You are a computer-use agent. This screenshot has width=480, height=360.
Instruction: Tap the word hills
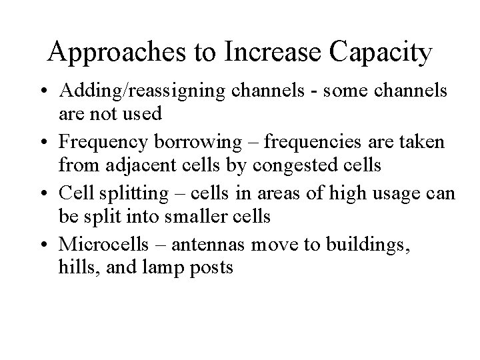click(73, 269)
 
